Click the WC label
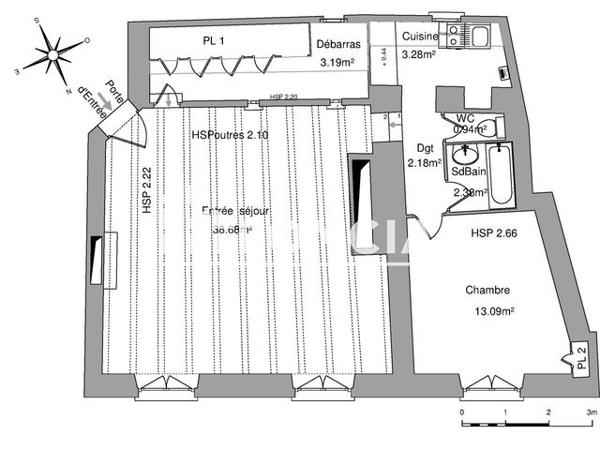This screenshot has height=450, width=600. pos(465,118)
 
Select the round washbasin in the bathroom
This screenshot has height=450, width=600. pos(466,157)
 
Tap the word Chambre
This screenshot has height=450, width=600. pos(487,291)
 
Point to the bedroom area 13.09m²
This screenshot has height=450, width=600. pos(494,310)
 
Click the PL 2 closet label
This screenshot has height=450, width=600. pos(579,359)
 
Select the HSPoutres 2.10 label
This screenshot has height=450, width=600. pos(230,134)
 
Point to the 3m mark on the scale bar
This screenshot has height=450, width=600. pos(592,411)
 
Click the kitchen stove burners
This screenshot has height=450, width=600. pos(453,36)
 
